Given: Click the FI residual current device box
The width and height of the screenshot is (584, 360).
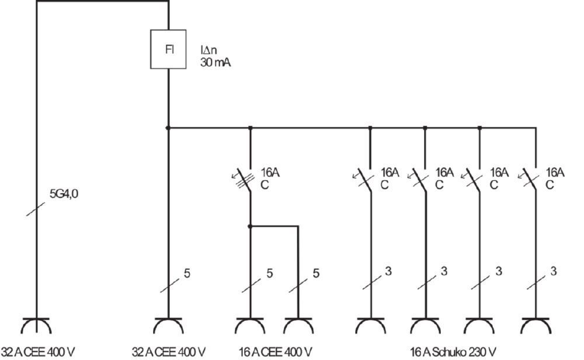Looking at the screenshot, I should [x=169, y=49].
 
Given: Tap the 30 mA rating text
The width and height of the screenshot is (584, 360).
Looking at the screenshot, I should [x=215, y=63].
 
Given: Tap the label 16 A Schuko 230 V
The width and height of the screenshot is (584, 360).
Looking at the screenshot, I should [x=453, y=352].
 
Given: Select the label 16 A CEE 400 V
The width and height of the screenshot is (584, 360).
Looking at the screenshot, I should [x=275, y=352].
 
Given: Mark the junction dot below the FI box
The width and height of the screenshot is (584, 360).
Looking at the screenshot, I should [x=168, y=127].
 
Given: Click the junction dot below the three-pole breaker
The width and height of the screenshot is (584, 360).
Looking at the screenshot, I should [x=250, y=226].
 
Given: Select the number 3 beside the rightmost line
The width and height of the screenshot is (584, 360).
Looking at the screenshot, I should [x=553, y=271].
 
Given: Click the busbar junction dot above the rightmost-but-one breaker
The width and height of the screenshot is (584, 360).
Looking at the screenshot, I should [x=480, y=127].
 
